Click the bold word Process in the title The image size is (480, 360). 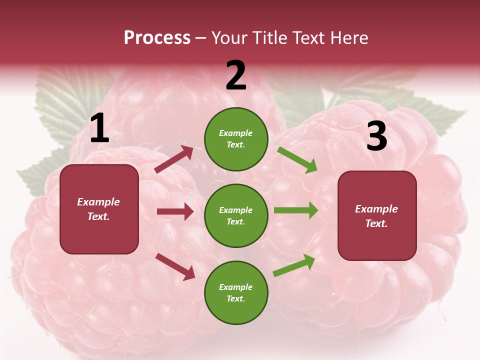click(x=157, y=38)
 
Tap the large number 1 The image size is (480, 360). click(x=99, y=128)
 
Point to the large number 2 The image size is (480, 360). click(x=236, y=75)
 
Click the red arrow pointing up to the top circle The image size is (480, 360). click(x=174, y=159)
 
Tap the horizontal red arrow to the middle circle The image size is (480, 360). click(x=175, y=211)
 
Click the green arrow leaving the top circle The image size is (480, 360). click(x=297, y=159)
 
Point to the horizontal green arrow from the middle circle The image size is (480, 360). click(x=296, y=210)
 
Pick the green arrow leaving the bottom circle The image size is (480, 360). click(x=294, y=265)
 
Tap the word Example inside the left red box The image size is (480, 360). click(x=98, y=202)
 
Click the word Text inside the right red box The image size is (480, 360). click(x=376, y=223)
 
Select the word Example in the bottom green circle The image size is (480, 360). click(x=235, y=287)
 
